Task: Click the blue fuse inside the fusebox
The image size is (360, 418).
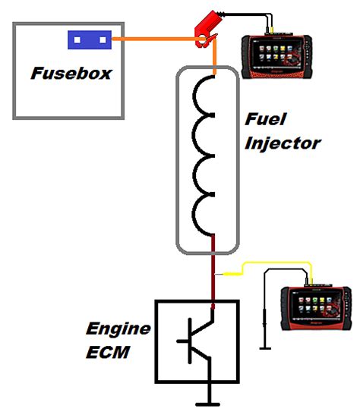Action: (90, 37)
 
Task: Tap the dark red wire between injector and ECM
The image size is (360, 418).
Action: (215, 273)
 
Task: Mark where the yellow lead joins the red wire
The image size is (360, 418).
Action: (216, 274)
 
